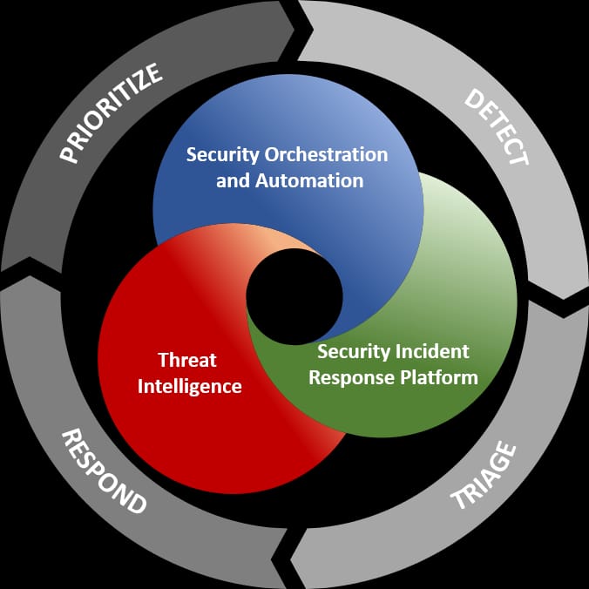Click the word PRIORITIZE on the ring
112,113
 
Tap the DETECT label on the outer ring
497,127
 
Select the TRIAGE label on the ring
484,476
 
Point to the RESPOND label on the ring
104,471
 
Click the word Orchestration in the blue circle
326,154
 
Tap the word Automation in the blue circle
309,180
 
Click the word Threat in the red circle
187,360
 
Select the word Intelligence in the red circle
190,387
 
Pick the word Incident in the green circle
432,352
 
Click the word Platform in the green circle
439,377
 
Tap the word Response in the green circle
352,378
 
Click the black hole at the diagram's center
294,297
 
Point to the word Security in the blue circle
223,155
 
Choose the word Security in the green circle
354,352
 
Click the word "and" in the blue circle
233,180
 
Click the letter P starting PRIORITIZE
70,154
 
